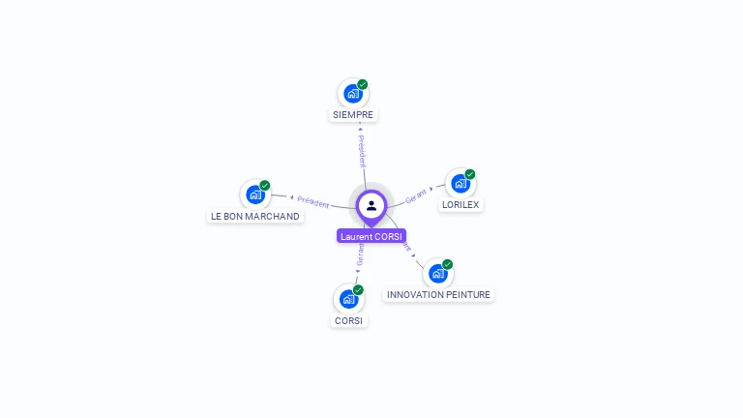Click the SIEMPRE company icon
point(353,94)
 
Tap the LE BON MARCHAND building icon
point(255,194)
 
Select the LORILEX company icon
point(461,183)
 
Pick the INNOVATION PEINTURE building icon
point(437,273)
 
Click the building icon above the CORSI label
point(348,299)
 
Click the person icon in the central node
point(371,205)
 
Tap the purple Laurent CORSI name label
point(371,236)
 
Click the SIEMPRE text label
point(352,115)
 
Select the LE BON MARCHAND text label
point(255,217)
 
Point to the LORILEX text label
point(461,205)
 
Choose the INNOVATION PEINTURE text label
point(438,295)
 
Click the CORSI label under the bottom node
point(349,321)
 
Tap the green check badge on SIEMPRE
point(363,84)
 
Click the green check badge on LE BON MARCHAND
point(265,185)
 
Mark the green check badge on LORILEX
point(470,174)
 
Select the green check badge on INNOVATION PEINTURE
point(448,264)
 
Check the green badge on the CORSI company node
point(358,290)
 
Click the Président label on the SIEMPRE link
point(362,150)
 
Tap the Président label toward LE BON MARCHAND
point(312,201)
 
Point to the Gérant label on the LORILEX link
point(416,194)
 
